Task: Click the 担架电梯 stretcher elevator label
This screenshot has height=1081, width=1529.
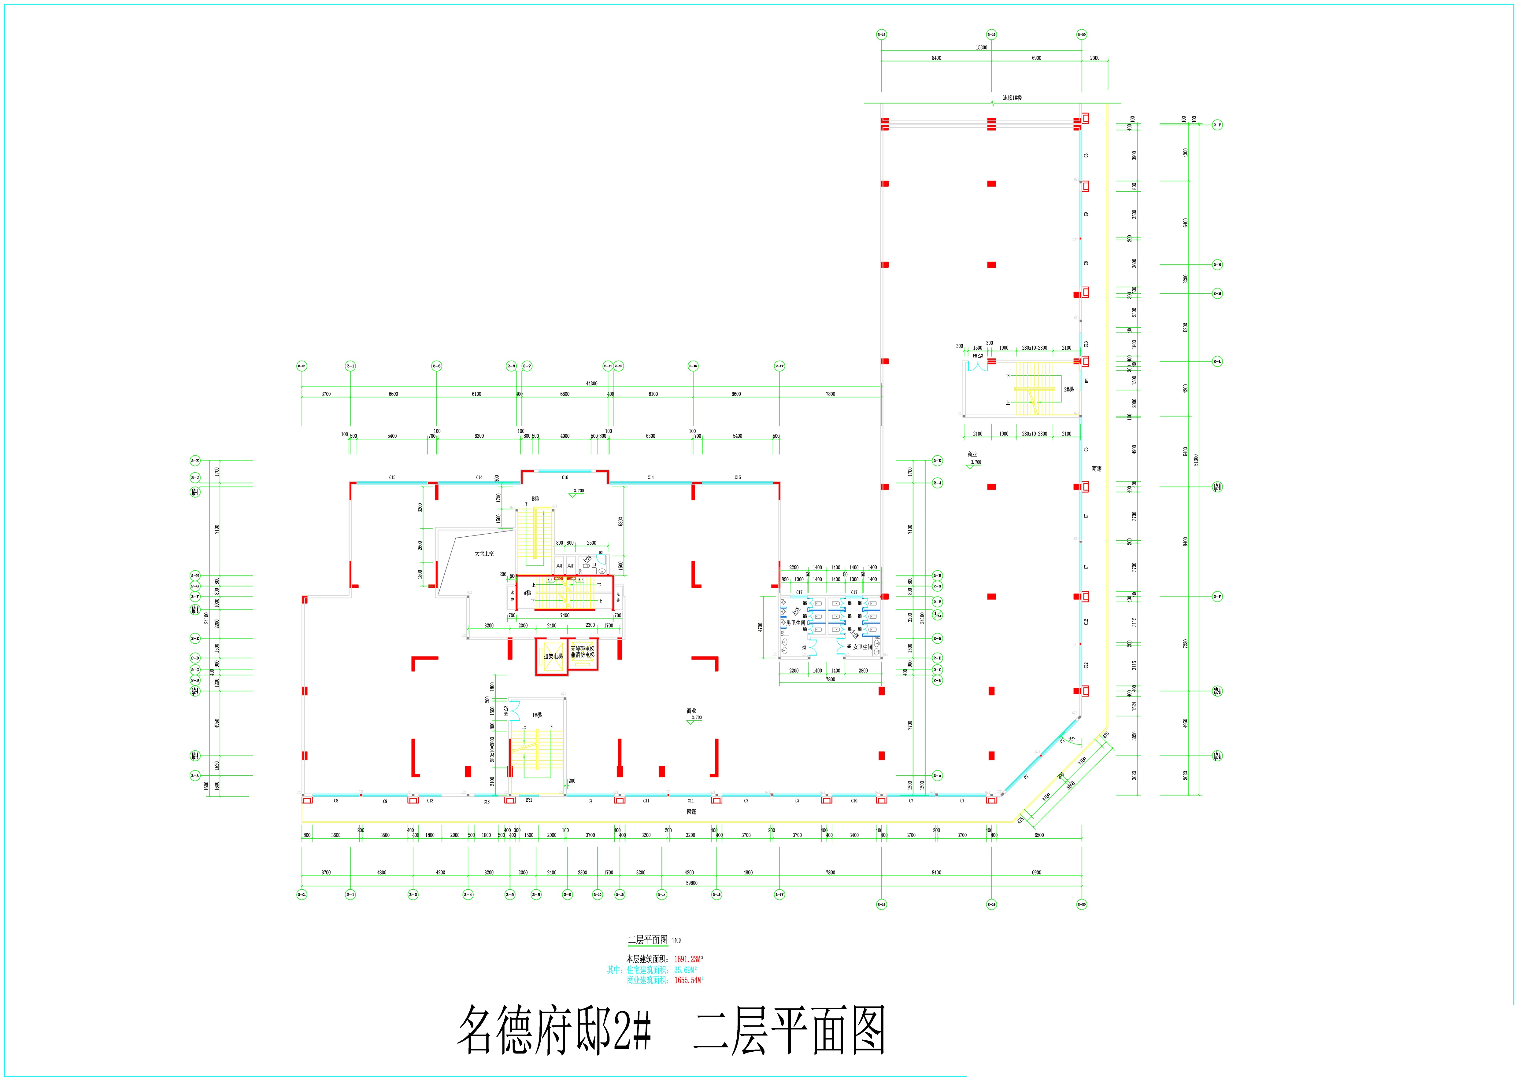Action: [553, 656]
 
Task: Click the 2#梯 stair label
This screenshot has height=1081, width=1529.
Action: [1068, 389]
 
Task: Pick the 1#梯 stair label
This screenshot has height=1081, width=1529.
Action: [537, 715]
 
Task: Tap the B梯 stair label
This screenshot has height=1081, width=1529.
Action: [535, 498]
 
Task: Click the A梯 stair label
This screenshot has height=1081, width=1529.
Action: [527, 592]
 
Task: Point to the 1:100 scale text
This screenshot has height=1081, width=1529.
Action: [677, 940]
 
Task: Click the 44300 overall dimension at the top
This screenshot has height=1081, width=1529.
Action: [591, 384]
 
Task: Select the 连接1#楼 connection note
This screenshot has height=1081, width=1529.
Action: [1012, 98]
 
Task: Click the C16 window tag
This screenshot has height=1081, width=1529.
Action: [565, 477]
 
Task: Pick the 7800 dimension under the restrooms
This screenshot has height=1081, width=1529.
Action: [831, 680]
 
